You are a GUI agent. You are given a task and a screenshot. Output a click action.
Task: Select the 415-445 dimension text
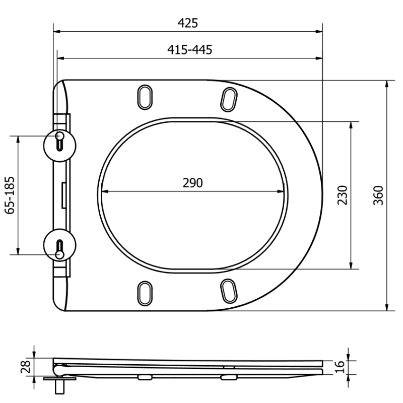[x=189, y=49]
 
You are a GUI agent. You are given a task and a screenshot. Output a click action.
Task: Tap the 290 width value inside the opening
[x=192, y=183]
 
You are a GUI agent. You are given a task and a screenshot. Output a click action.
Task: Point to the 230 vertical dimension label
[x=342, y=195]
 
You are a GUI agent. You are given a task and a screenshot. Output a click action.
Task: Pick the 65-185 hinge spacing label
[x=9, y=195]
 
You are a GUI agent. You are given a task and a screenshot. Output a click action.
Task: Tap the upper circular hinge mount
[x=60, y=141]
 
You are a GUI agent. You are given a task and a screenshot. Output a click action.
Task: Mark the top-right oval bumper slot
[x=229, y=98]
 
